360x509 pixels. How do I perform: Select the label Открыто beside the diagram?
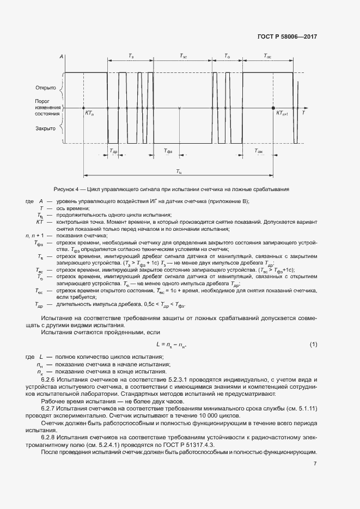coord(46,87)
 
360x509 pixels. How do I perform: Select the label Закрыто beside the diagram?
coord(46,129)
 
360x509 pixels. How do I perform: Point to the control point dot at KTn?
coord(83,108)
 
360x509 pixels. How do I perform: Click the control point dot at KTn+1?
coord(273,108)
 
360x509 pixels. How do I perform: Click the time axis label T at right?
coord(303,113)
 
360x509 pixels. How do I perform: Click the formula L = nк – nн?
coord(175,345)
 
